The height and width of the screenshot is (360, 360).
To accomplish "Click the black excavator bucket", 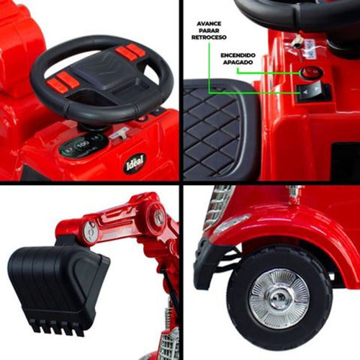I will (x=58, y=284).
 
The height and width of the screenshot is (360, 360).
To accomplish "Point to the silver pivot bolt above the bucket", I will (x=90, y=231).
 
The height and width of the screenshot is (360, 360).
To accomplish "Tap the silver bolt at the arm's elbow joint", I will (x=158, y=215).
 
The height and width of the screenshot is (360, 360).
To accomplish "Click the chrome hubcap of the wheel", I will (x=279, y=298).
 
